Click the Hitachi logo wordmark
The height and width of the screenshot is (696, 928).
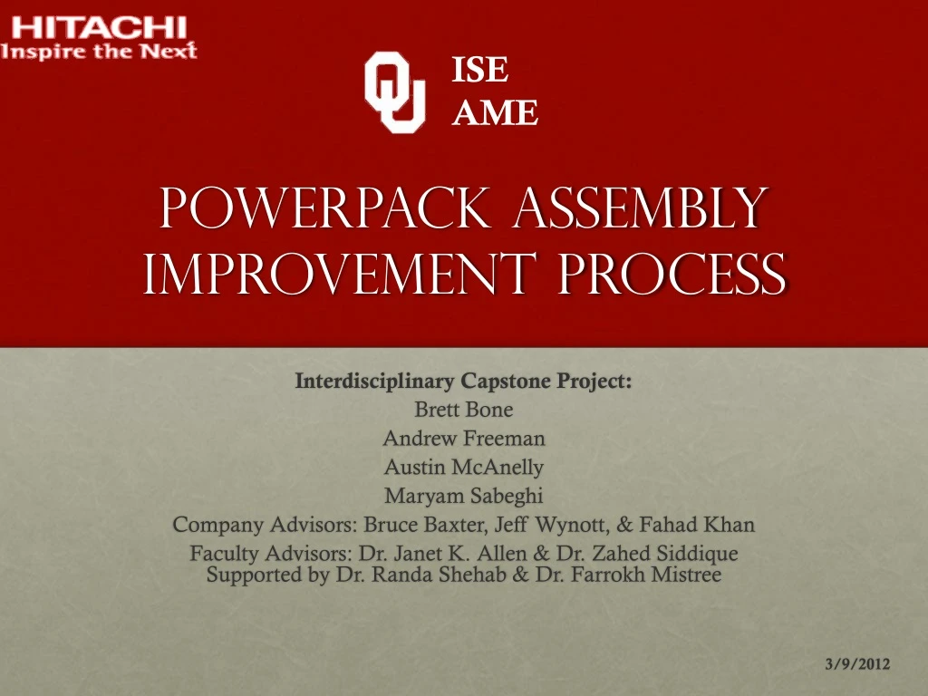(99, 26)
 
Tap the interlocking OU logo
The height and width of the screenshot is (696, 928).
(394, 92)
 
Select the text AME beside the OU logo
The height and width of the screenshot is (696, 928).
(495, 112)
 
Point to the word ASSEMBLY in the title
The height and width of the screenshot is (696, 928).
(640, 208)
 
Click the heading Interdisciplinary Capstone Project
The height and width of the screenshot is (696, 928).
(464, 382)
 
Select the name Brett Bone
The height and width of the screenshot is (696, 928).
(464, 410)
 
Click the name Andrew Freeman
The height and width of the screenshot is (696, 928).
(464, 439)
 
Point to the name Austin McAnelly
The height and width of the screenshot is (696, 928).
(464, 468)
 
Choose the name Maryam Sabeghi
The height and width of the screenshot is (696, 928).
(464, 496)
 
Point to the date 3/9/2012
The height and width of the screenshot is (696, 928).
(857, 664)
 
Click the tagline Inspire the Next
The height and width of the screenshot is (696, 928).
(99, 51)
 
